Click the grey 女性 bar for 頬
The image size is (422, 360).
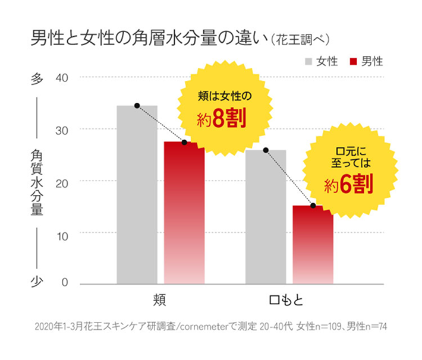point(137,196)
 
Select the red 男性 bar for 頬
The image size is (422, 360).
point(184,214)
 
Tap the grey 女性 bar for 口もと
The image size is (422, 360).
point(266,217)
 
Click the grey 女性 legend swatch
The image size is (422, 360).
point(308,61)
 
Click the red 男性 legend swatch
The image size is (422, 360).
point(354,61)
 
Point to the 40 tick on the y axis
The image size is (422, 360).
point(62,78)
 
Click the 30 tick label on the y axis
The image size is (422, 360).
point(62,130)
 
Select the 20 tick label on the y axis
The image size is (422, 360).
point(62,181)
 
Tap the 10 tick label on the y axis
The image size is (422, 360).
point(62,233)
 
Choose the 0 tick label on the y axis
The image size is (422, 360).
point(65,284)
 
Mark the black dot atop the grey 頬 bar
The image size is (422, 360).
point(137,106)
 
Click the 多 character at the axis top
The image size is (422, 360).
point(34,78)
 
